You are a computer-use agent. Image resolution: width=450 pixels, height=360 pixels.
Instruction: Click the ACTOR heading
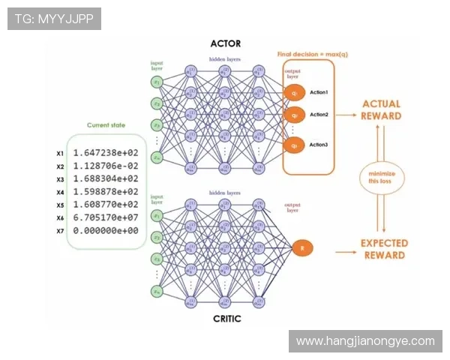point(226,43)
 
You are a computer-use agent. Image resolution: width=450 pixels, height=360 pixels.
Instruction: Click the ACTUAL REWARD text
point(381,110)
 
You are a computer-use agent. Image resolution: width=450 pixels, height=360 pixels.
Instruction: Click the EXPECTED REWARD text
point(384,249)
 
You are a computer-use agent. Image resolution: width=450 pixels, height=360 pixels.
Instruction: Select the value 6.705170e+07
point(106,217)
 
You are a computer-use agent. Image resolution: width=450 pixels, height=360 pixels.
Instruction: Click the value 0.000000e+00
point(106,230)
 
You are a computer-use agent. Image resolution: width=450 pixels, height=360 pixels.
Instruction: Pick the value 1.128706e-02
point(106,166)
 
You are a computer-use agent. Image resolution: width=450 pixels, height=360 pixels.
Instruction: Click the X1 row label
point(60,154)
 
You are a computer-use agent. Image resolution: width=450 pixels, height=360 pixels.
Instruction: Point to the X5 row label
point(60,205)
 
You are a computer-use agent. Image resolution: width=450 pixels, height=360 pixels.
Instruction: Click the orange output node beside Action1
point(295,92)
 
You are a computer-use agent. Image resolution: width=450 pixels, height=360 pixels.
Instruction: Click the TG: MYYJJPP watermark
point(54,18)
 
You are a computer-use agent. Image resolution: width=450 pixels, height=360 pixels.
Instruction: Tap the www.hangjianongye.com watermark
point(365,340)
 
